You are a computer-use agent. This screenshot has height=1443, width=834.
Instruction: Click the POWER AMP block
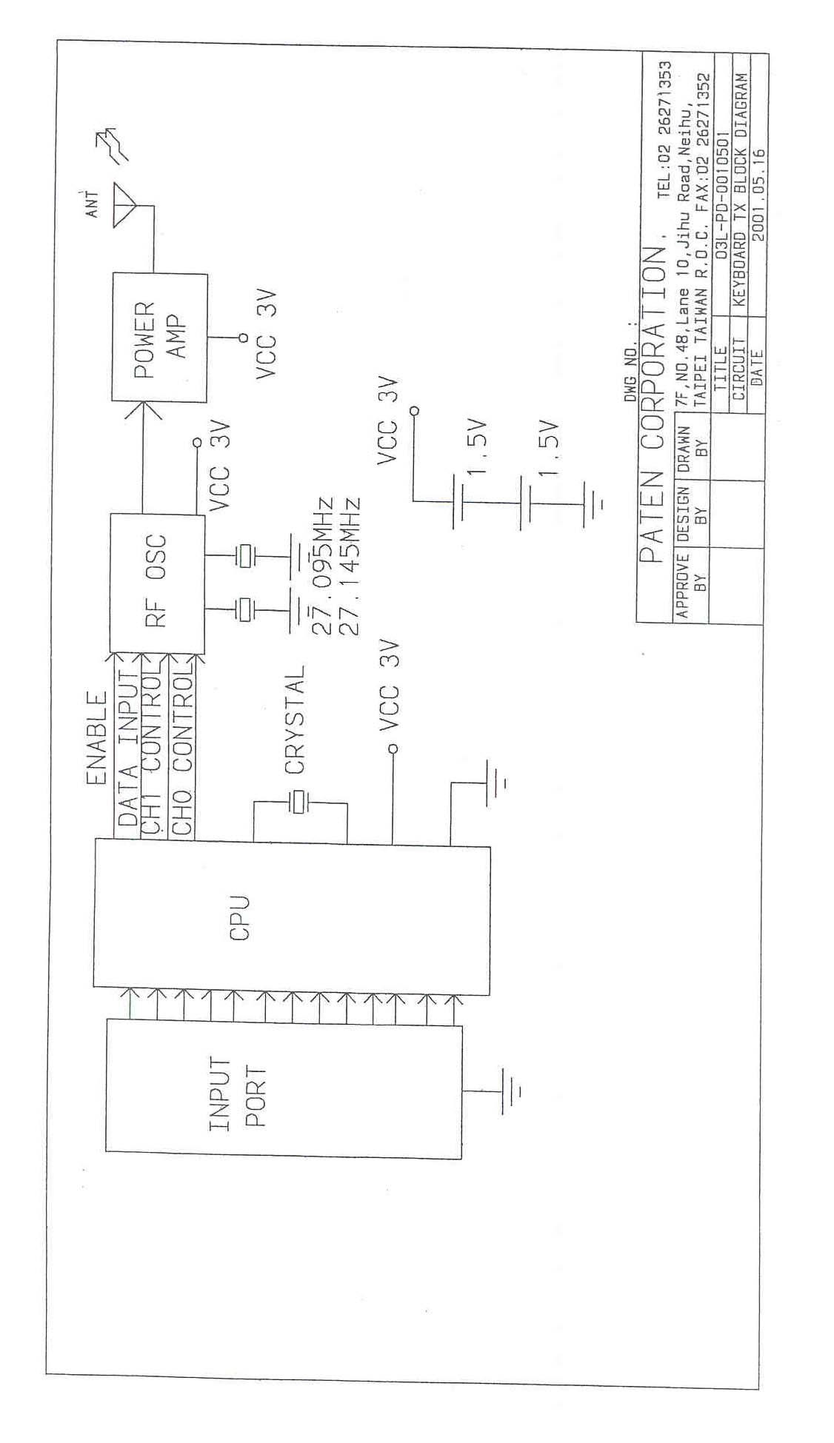[159, 338]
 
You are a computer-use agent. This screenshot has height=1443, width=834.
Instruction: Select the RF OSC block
[157, 581]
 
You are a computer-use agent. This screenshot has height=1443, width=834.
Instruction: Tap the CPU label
[240, 918]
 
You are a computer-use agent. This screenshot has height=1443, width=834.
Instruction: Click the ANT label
[92, 204]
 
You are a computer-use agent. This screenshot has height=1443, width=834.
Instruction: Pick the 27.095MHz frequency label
[322, 566]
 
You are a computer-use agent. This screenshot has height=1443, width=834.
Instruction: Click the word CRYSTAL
[295, 719]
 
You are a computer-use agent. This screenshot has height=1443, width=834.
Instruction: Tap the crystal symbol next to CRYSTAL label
[298, 801]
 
